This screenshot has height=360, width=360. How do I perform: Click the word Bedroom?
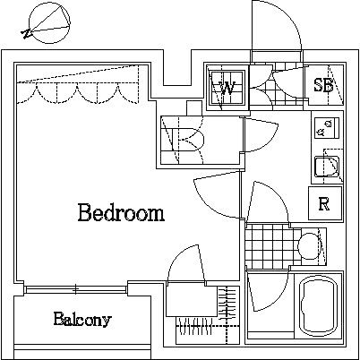[x=120, y=213]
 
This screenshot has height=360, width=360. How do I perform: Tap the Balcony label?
[x=81, y=319]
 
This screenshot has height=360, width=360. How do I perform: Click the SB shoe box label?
[x=323, y=86]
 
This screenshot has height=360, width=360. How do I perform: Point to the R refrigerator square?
[x=323, y=203]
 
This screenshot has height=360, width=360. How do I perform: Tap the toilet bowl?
[x=309, y=244]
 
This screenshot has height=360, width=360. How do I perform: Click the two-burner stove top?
[x=326, y=130]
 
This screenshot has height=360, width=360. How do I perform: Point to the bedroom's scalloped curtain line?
[x=79, y=90]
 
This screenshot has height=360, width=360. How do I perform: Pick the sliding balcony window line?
[x=76, y=289]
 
